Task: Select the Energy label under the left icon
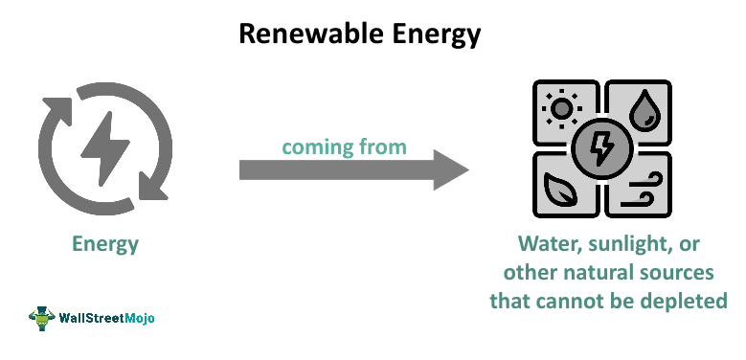[105, 244]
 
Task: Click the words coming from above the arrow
[344, 146]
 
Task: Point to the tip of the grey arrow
[466, 171]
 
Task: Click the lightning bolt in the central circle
[601, 147]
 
